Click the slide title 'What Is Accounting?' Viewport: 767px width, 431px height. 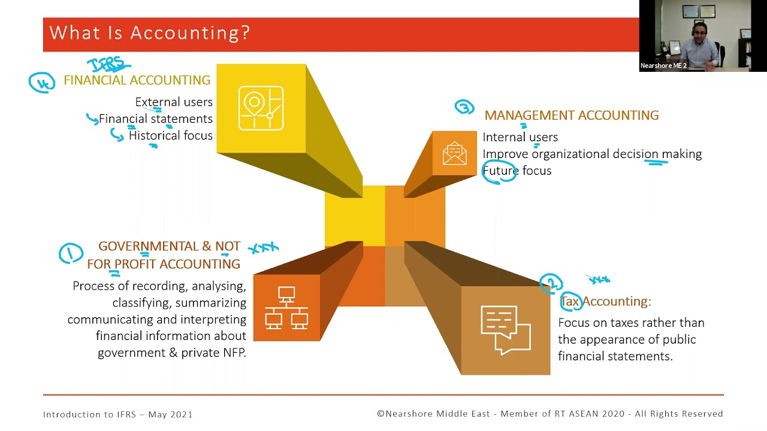click(x=149, y=32)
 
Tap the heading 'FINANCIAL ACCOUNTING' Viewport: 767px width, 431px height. click(x=137, y=80)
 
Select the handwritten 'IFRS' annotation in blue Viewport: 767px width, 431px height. click(x=108, y=64)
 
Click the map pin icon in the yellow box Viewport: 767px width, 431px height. click(x=261, y=108)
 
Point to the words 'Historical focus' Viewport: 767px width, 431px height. click(x=171, y=136)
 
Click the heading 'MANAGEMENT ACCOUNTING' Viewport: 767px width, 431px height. click(x=571, y=116)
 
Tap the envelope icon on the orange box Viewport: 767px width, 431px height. click(x=454, y=153)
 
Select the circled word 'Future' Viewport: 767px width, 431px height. click(x=500, y=171)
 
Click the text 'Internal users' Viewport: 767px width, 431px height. click(x=520, y=137)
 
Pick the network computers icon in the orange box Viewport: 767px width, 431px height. click(x=286, y=308)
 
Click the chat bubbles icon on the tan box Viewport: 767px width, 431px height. click(x=505, y=330)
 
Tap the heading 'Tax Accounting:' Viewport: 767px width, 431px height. click(x=605, y=301)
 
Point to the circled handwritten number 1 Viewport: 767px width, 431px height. click(x=71, y=253)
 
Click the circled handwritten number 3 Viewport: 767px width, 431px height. click(x=464, y=107)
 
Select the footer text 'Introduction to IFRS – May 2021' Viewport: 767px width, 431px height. click(x=118, y=414)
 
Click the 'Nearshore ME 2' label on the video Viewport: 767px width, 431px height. click(x=663, y=66)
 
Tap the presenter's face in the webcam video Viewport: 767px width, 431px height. click(x=699, y=32)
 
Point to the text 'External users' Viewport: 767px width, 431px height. click(x=174, y=102)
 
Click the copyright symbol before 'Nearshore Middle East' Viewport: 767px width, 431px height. click(x=381, y=414)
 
